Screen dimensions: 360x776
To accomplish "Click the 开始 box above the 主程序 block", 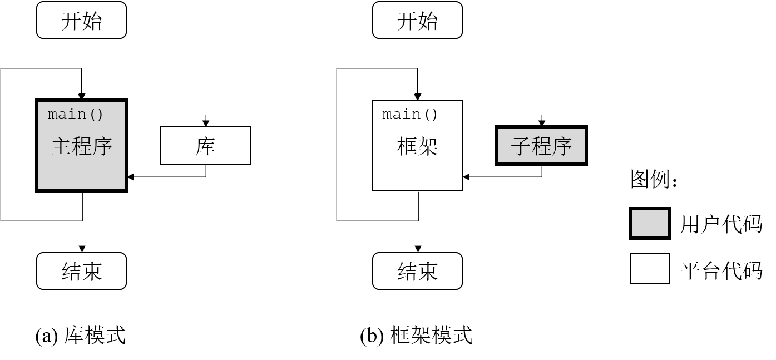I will tap(81, 20).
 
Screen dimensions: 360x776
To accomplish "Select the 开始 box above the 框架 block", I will tap(417, 20).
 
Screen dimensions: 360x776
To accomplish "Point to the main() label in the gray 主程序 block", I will tap(76, 114).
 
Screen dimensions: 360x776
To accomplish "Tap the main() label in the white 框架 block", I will tap(411, 114).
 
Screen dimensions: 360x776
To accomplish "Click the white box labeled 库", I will tap(205, 145).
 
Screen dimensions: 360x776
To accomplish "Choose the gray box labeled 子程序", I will tap(541, 145).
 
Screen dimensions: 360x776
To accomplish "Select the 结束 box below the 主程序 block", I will tap(81, 271).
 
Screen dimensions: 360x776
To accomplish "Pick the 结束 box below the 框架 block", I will tap(417, 271).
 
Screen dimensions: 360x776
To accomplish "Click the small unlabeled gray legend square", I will tap(650, 223).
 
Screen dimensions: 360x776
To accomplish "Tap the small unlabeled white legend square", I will tap(650, 268).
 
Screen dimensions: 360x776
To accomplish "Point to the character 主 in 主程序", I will tap(61, 146).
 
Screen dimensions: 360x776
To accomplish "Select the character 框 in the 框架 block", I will tap(407, 146).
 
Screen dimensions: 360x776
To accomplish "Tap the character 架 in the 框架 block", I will tap(428, 146).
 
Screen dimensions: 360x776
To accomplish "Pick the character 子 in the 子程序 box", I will tap(521, 146).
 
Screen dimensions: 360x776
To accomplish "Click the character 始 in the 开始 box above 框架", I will tap(428, 21).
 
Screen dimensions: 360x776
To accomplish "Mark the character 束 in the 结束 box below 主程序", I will tap(92, 272).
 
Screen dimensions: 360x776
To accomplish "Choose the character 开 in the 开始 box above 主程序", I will tap(71, 21).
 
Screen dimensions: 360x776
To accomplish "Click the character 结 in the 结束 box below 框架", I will tap(407, 272).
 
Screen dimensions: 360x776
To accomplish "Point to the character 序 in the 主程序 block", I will tap(102, 146).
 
